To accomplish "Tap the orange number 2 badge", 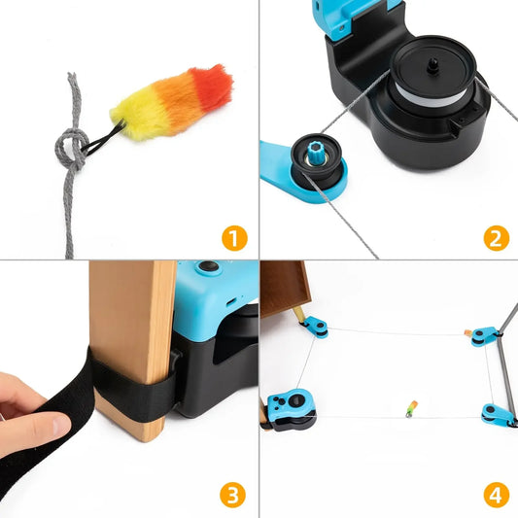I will coord(495,236).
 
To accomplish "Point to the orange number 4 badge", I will coord(495,495).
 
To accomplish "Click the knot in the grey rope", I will coord(71,149).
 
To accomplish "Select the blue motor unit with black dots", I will coord(288,408).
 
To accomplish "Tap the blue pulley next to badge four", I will coord(495,415).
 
